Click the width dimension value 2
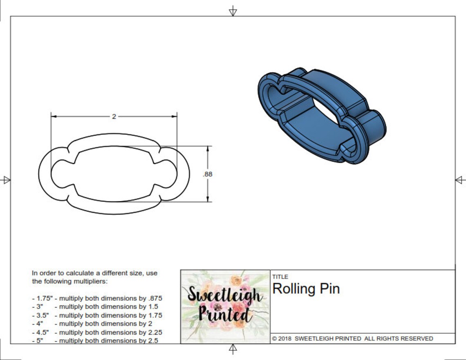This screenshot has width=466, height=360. (114, 116)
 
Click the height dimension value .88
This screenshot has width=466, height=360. (208, 174)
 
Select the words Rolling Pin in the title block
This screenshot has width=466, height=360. (306, 289)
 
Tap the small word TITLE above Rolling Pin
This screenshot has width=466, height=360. (280, 277)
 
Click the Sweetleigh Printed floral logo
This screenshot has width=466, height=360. (225, 306)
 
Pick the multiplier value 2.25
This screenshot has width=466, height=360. (155, 332)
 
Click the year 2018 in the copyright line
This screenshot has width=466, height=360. (285, 339)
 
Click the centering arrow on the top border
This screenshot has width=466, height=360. (233, 11)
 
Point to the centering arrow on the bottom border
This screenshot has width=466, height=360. (233, 349)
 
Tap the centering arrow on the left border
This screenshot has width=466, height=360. (6, 180)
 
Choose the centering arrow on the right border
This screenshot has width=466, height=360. (460, 180)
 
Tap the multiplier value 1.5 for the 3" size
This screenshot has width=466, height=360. (154, 306)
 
